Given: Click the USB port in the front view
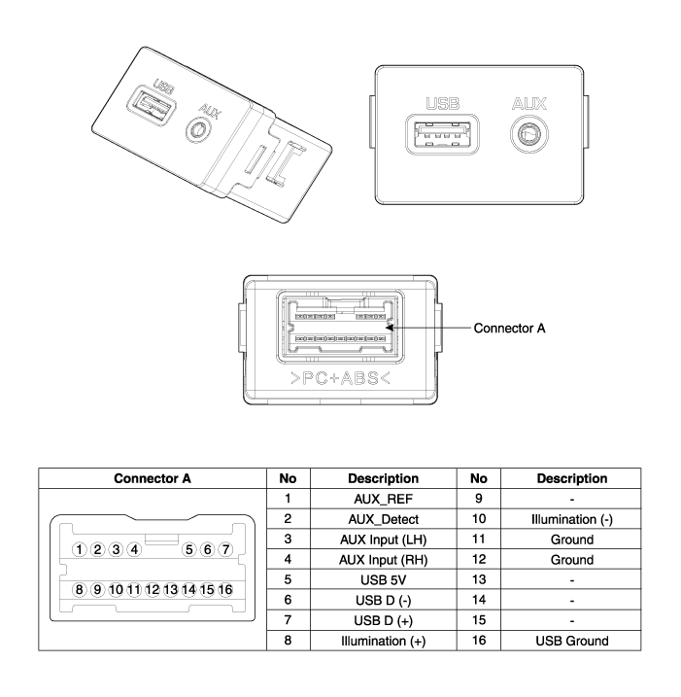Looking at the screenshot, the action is (x=442, y=134).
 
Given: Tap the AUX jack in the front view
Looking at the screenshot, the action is (x=529, y=134).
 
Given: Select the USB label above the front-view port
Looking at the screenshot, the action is (x=442, y=104).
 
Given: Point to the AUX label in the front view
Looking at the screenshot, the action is (x=529, y=104).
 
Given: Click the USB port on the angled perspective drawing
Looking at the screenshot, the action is (x=152, y=105).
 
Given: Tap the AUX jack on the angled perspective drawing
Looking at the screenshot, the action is (x=197, y=130).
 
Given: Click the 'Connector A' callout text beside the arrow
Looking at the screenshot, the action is (x=509, y=328).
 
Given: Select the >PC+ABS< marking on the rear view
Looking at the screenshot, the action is (x=340, y=378).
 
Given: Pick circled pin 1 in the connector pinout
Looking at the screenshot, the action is (x=79, y=549).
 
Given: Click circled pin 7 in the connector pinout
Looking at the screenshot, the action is (x=225, y=549).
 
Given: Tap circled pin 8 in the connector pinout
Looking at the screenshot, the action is (x=79, y=589).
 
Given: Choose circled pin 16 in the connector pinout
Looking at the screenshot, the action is (x=225, y=589).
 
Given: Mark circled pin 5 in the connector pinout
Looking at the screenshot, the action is (x=189, y=549).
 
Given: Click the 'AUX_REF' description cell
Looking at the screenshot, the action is (x=384, y=500).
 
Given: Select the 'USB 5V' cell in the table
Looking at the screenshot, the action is (x=384, y=580).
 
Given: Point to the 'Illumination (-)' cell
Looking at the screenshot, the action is (x=572, y=519).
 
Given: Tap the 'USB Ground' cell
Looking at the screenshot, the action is (x=572, y=641).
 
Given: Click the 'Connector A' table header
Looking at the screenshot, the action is (x=153, y=478).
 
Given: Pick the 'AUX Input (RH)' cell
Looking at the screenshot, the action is (x=384, y=560).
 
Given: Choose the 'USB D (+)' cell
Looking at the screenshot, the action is (x=384, y=620).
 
